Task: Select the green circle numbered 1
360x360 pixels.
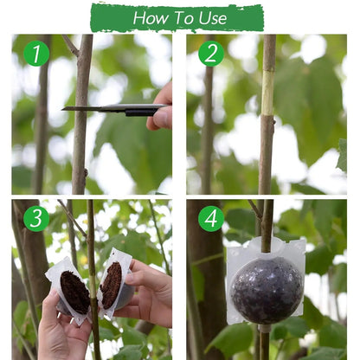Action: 35,54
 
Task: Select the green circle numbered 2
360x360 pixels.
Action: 210,54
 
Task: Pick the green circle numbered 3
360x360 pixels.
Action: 35,218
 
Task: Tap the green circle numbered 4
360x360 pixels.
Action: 210,218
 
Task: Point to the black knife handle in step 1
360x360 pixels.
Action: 138,110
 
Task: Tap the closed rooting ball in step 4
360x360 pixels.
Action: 267,289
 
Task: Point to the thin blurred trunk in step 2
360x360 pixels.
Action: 207,130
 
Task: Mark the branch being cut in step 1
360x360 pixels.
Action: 82,147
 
